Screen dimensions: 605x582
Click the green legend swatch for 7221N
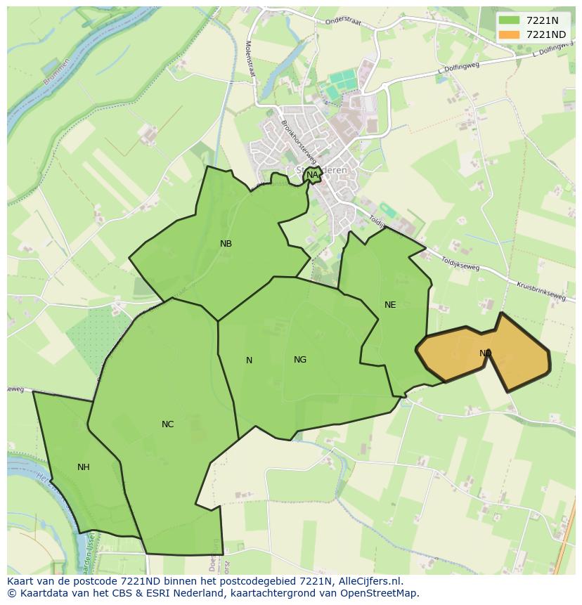[510, 20]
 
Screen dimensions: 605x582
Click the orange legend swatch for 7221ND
[510, 34]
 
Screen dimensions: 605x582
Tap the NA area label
[312, 175]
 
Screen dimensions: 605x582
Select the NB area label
[226, 244]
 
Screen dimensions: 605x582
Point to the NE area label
[390, 305]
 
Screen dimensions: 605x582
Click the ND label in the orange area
[485, 353]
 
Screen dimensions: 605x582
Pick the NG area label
[300, 360]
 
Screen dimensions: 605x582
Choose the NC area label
[167, 424]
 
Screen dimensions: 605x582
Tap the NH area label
[84, 467]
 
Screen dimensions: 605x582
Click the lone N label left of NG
[249, 360]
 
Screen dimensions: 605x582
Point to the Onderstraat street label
[343, 22]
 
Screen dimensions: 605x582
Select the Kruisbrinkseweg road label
[541, 292]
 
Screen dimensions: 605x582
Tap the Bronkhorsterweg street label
[297, 138]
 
